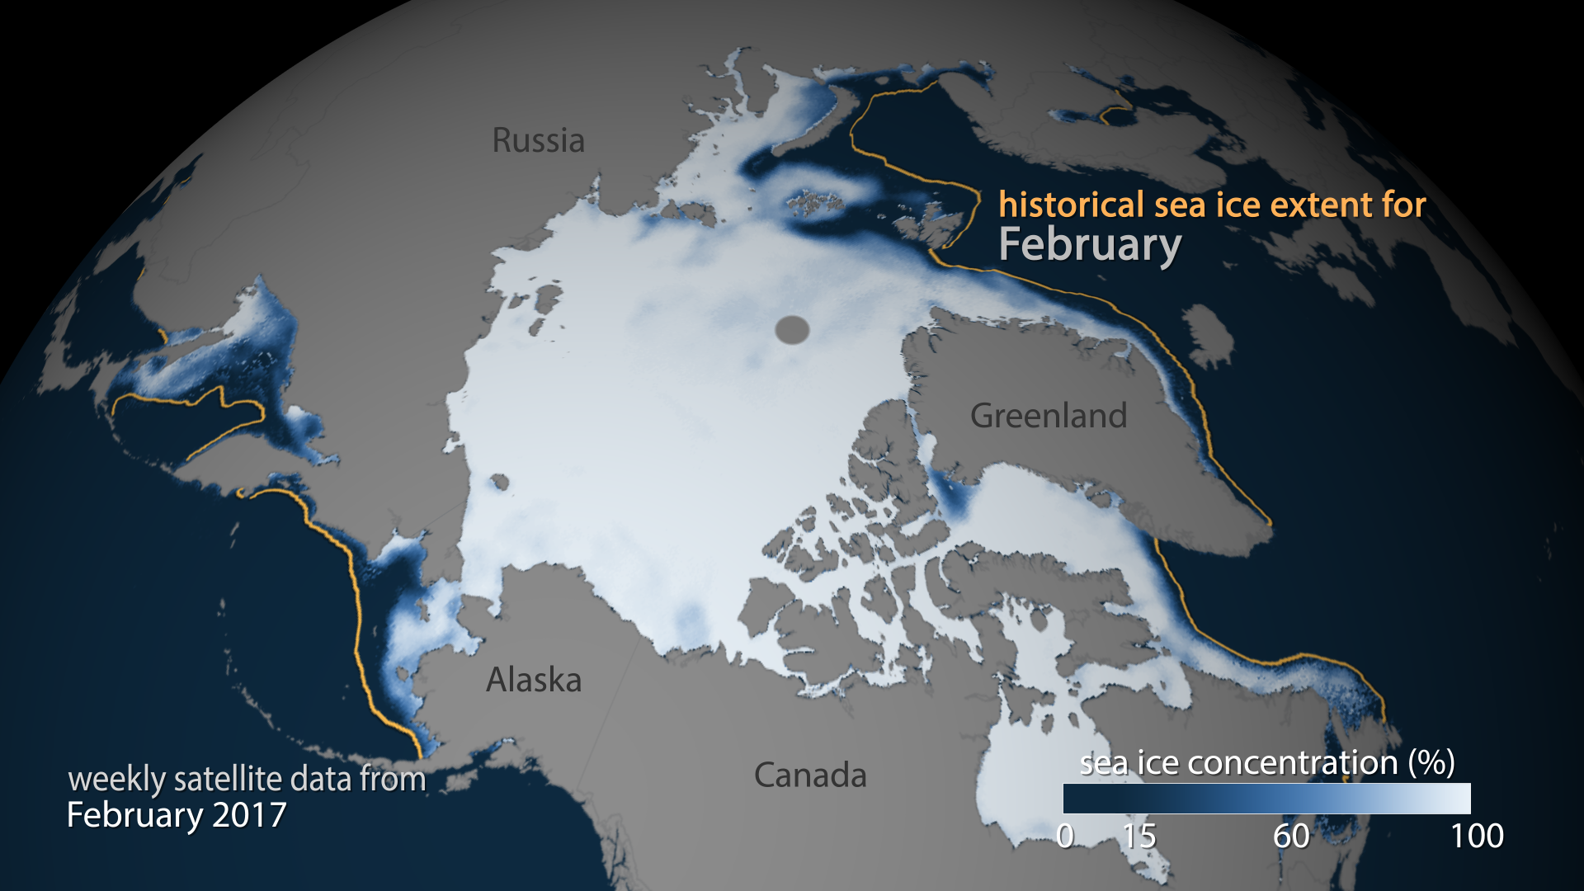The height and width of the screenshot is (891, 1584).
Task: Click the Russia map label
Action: point(538,140)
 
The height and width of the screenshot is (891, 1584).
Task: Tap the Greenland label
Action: point(1048,415)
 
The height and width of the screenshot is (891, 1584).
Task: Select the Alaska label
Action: point(534,680)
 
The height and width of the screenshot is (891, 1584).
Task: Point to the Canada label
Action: point(810,775)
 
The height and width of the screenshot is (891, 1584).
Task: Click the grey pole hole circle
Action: point(792,330)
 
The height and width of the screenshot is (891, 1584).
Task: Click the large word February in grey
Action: point(1090,245)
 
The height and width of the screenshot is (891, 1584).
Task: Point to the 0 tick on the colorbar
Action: point(1065,837)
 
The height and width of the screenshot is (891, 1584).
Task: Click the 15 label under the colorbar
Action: point(1139,837)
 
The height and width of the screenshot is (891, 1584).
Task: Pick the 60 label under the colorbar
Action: point(1291,837)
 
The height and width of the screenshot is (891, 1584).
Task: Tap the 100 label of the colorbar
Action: point(1477,837)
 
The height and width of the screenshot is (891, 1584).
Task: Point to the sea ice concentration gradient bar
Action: point(1266,799)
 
